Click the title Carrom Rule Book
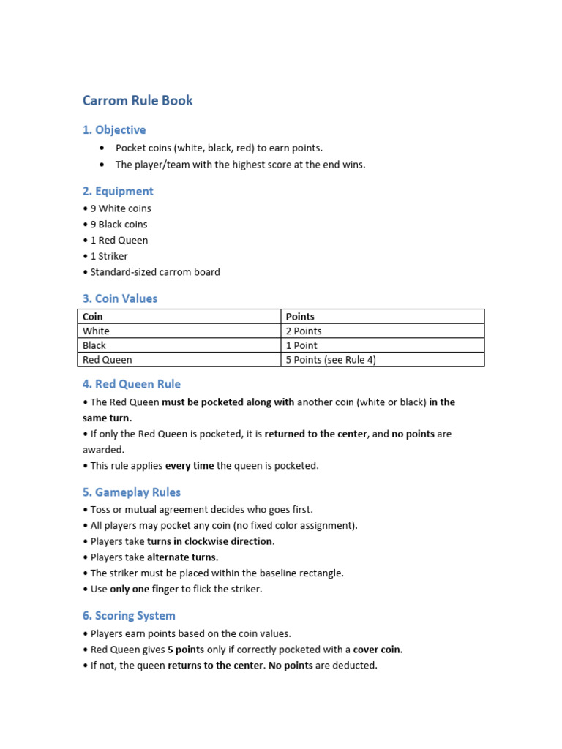(x=138, y=101)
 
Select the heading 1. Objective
(x=114, y=130)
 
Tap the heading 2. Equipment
(x=118, y=192)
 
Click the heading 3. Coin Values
(x=119, y=298)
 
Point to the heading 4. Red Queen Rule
(x=131, y=384)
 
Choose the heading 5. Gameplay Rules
(x=131, y=492)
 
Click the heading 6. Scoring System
(x=129, y=616)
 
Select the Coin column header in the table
(x=93, y=317)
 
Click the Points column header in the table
(x=300, y=317)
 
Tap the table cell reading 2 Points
(x=304, y=331)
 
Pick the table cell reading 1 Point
(x=301, y=345)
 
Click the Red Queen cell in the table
(x=108, y=360)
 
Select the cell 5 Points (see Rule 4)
(x=331, y=360)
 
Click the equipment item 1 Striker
(x=109, y=256)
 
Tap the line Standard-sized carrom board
(x=154, y=272)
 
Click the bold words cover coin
(x=378, y=650)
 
